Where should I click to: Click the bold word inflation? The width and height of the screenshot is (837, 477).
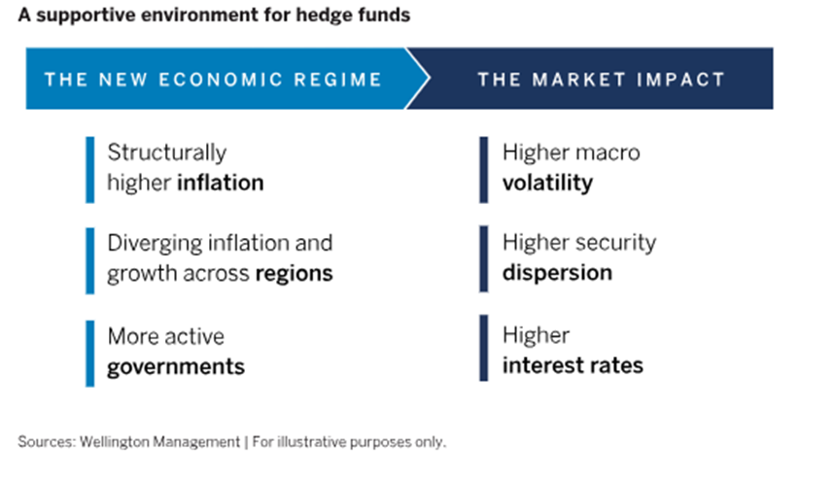pyautogui.click(x=221, y=183)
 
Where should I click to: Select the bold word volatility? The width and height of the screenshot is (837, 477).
pyautogui.click(x=547, y=184)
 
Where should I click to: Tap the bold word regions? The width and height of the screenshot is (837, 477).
pyautogui.click(x=295, y=274)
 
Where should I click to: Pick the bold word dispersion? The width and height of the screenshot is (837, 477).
pyautogui.click(x=557, y=274)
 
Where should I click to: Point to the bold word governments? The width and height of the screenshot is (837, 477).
pyautogui.click(x=176, y=367)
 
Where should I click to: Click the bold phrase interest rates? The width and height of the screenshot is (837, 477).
pyautogui.click(x=573, y=365)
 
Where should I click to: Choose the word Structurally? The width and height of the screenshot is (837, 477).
pyautogui.click(x=167, y=153)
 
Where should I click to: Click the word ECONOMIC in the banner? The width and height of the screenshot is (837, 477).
pyautogui.click(x=221, y=80)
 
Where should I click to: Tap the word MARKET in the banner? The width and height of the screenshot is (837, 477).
pyautogui.click(x=579, y=80)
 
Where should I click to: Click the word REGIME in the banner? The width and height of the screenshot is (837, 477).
pyautogui.click(x=338, y=80)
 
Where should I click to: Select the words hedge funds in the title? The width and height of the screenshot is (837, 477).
pyautogui.click(x=353, y=15)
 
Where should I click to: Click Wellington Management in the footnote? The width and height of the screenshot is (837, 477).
pyautogui.click(x=159, y=442)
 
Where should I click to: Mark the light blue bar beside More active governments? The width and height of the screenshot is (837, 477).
pyautogui.click(x=90, y=354)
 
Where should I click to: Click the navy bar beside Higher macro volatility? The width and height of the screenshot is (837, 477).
pyautogui.click(x=483, y=170)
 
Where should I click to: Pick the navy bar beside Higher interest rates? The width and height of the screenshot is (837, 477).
pyautogui.click(x=483, y=348)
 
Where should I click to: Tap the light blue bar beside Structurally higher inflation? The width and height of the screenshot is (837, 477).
pyautogui.click(x=90, y=170)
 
